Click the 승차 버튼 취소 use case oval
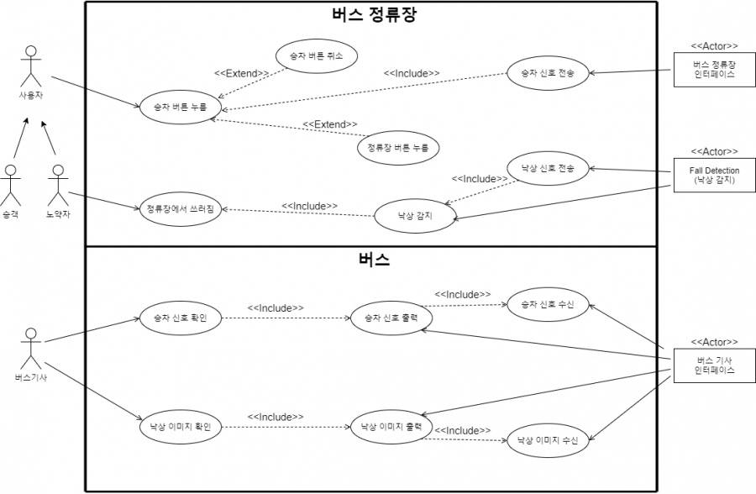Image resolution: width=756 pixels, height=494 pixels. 316,55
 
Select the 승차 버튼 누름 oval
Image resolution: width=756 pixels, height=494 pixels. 180,107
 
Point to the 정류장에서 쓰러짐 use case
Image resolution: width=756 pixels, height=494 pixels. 180,209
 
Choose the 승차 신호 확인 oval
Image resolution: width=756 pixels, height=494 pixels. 180,318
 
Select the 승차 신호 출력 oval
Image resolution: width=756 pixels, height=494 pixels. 391,318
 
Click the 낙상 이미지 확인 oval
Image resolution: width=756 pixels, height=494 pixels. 180,427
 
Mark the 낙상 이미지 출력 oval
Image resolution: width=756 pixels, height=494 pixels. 391,427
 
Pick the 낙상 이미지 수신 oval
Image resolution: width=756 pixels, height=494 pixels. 548,439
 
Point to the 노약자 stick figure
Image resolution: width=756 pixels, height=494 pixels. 57,186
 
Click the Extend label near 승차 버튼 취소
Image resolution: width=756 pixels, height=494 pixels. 241,73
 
